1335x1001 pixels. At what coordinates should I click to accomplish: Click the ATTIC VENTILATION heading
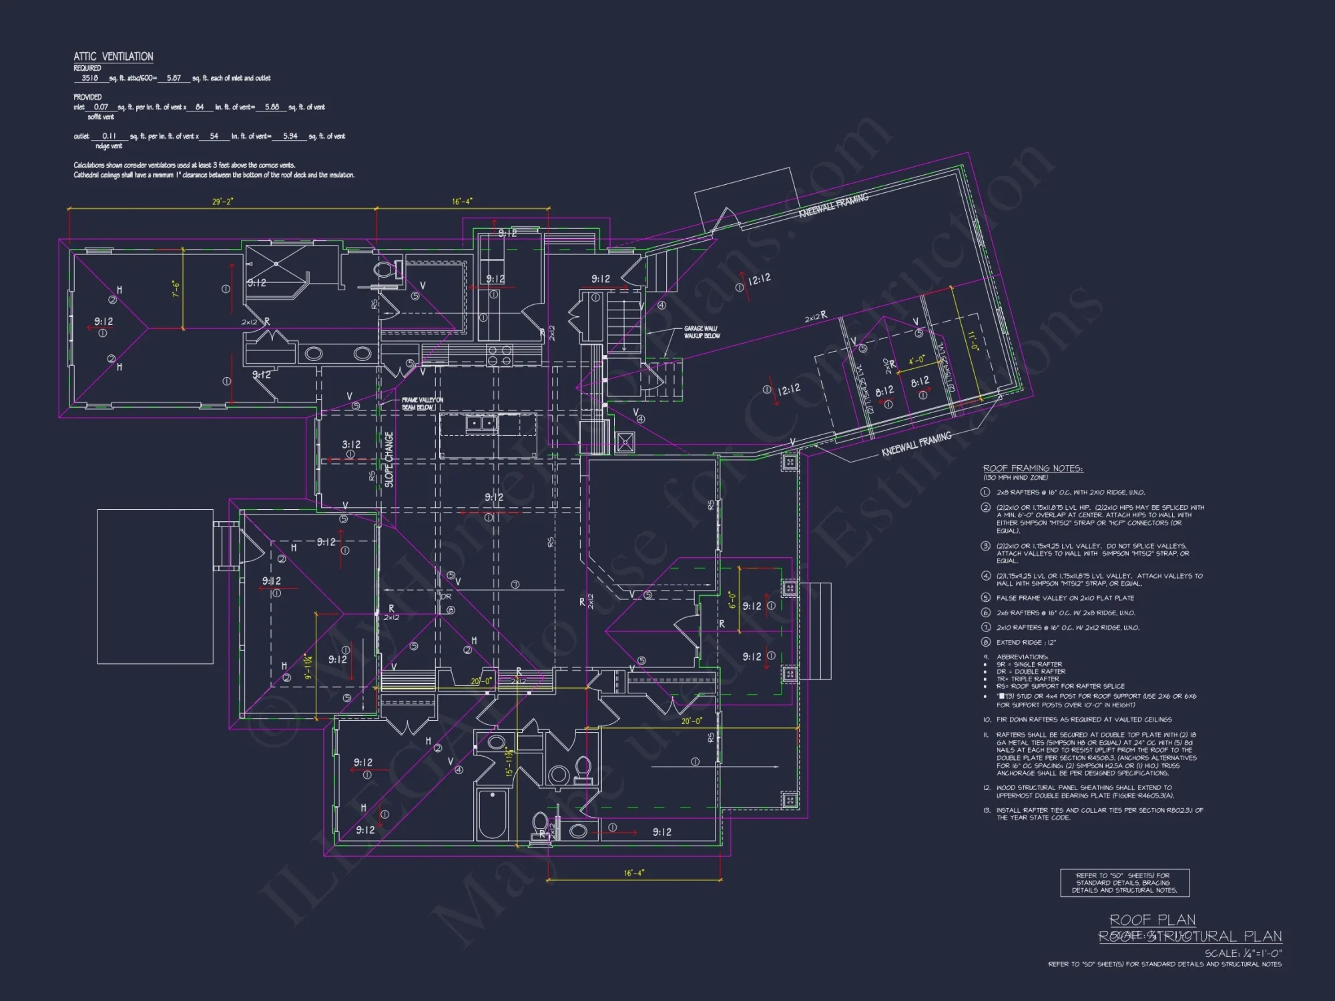[x=113, y=57]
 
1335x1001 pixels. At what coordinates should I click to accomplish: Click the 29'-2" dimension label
[x=222, y=202]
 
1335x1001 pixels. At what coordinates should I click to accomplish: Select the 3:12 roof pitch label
[x=351, y=444]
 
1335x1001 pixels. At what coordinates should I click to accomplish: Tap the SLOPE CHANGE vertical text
[x=389, y=459]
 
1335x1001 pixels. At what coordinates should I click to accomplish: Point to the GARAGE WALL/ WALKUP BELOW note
[x=702, y=332]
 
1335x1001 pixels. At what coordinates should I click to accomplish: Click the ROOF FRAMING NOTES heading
[x=1033, y=468]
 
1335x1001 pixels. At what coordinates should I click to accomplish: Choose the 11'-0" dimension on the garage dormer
[x=973, y=341]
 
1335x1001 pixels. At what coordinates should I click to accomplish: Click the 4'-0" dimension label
[x=917, y=360]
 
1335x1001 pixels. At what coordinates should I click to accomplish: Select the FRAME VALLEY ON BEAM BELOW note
[x=422, y=404]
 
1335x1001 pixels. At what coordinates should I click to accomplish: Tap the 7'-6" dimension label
[x=176, y=289]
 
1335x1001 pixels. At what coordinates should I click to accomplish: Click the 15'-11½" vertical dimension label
[x=509, y=761]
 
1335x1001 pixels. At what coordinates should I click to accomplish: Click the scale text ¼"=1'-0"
[x=1242, y=953]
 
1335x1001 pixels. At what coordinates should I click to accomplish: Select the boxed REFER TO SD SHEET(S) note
[x=1124, y=883]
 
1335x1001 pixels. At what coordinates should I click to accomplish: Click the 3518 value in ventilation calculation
[x=89, y=78]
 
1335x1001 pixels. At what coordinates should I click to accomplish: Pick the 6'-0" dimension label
[x=732, y=600]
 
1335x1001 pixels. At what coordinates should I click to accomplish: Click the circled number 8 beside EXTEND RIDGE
[x=985, y=642]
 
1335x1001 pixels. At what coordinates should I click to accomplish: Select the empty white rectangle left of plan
[x=155, y=587]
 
